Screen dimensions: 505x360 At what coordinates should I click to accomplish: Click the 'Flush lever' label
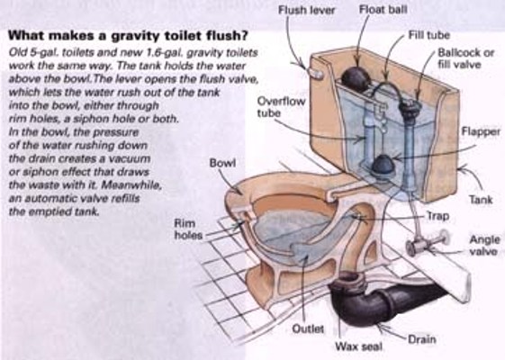pyautogui.click(x=306, y=10)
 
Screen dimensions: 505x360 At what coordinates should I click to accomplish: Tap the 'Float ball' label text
pyautogui.click(x=383, y=10)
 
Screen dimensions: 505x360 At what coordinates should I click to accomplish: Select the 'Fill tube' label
pyautogui.click(x=429, y=35)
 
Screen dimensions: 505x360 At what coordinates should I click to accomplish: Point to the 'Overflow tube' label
pyautogui.click(x=281, y=107)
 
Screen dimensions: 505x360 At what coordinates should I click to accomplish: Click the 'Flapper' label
pyautogui.click(x=481, y=131)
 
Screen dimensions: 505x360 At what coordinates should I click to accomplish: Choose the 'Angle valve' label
pyautogui.click(x=484, y=245)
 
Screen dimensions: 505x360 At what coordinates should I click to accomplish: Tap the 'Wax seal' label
pyautogui.click(x=358, y=346)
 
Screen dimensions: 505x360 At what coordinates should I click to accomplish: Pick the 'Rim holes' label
pyautogui.click(x=188, y=229)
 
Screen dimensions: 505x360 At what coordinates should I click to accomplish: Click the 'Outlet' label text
pyautogui.click(x=308, y=328)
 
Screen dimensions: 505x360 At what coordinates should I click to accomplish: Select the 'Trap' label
pyautogui.click(x=437, y=216)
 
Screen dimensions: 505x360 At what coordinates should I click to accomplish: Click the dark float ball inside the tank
pyautogui.click(x=356, y=78)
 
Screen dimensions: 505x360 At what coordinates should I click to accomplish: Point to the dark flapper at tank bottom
pyautogui.click(x=383, y=166)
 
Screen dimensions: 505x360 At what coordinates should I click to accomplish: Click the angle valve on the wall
pyautogui.click(x=426, y=243)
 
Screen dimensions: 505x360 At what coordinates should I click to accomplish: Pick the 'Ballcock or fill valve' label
pyautogui.click(x=465, y=58)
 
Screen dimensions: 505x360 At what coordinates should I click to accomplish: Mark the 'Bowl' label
pyautogui.click(x=222, y=163)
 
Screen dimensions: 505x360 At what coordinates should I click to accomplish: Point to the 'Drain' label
pyautogui.click(x=422, y=339)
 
